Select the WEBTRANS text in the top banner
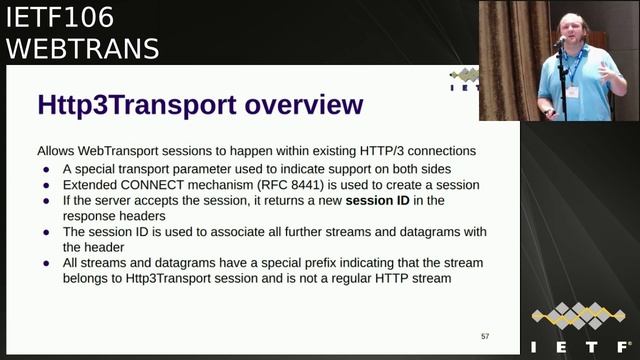click(x=83, y=47)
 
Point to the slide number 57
click(x=485, y=336)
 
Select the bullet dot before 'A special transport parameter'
click(x=47, y=168)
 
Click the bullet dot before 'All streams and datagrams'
click(x=47, y=263)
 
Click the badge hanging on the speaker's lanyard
click(x=573, y=91)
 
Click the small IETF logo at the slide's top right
click(x=465, y=80)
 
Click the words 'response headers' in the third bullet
click(x=115, y=215)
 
